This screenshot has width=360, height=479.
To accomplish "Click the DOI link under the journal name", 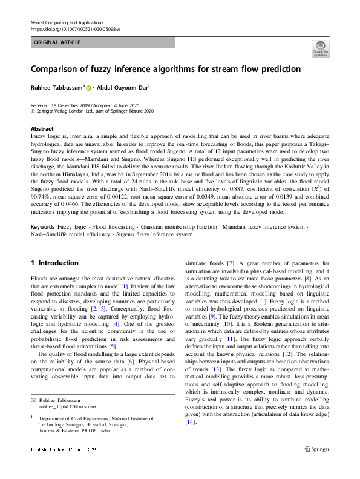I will [x=75, y=29].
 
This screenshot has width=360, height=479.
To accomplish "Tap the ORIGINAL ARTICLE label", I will [x=57, y=43].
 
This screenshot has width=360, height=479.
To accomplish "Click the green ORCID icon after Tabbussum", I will [x=89, y=88].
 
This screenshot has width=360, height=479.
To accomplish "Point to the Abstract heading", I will [x=42, y=129].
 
